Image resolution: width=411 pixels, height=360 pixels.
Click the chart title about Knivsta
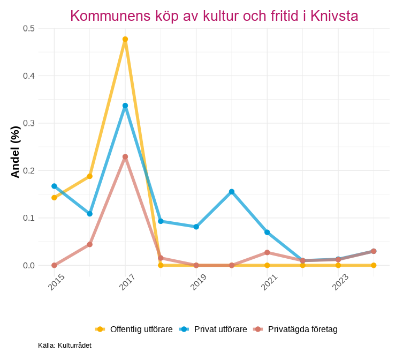(x=214, y=16)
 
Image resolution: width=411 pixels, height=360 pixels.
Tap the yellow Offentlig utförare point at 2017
(x=125, y=39)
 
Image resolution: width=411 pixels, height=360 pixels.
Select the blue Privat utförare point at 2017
(x=125, y=106)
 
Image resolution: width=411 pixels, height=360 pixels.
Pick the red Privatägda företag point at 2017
(x=125, y=157)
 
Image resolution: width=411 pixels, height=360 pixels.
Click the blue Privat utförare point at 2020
(x=232, y=192)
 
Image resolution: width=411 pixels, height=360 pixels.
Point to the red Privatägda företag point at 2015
(x=54, y=265)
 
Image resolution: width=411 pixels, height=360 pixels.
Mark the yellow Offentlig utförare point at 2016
(x=90, y=176)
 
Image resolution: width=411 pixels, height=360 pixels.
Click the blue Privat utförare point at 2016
(x=90, y=214)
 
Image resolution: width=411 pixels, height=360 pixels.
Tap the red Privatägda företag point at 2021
(x=267, y=252)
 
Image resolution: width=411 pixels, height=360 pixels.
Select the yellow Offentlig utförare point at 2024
(x=374, y=265)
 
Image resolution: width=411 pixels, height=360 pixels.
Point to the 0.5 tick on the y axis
(x=29, y=28)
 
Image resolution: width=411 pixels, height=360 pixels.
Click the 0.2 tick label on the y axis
(x=29, y=170)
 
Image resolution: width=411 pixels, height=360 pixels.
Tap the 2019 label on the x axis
(x=198, y=282)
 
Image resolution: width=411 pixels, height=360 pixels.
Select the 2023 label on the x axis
(x=340, y=282)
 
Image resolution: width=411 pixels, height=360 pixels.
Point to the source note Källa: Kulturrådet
(x=65, y=346)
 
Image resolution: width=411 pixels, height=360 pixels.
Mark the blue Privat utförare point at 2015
(x=54, y=186)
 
